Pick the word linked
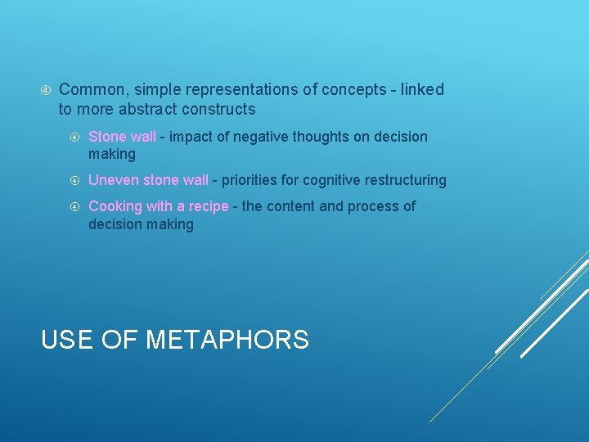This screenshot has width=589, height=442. tap(420, 89)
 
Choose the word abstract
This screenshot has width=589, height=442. tap(144, 109)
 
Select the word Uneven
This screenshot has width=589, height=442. tap(113, 180)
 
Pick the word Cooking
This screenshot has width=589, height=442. tap(115, 206)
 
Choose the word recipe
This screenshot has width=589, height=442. tap(207, 206)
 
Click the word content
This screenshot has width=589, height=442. tap(290, 206)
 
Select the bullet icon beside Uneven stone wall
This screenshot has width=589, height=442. tap(74, 180)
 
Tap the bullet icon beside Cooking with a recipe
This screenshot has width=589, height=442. tap(74, 206)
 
